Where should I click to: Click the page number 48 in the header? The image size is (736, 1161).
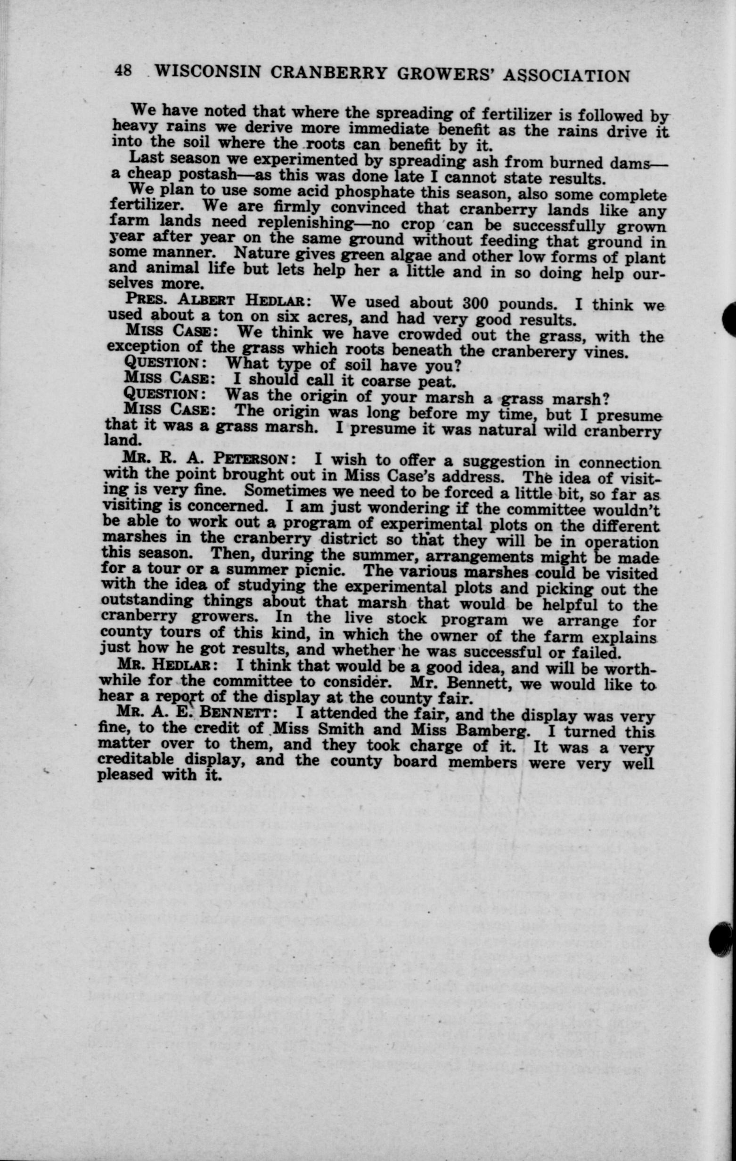click(x=123, y=70)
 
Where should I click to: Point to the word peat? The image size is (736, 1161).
click(x=437, y=382)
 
